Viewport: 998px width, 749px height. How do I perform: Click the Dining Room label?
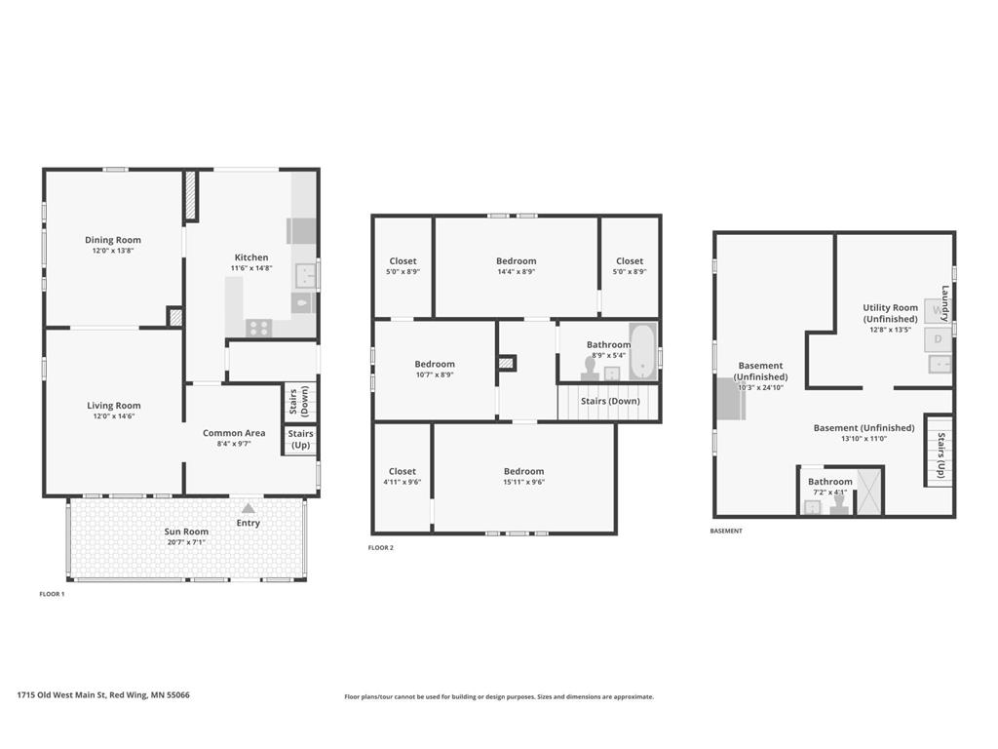click(x=113, y=240)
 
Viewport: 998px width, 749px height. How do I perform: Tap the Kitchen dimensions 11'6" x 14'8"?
click(x=251, y=268)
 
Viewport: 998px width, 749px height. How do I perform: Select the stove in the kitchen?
click(x=259, y=328)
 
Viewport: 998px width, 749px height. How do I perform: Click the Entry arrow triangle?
click(x=249, y=508)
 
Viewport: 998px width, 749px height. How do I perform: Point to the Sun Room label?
click(x=186, y=532)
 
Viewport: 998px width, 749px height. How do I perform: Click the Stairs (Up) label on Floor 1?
click(x=300, y=440)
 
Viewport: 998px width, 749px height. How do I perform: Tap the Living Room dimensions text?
click(x=114, y=416)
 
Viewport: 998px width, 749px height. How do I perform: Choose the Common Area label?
click(x=234, y=433)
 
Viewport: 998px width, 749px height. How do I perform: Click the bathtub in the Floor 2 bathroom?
click(x=642, y=351)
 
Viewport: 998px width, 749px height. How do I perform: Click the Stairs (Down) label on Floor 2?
click(x=610, y=401)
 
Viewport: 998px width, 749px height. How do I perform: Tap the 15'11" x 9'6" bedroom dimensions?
click(x=523, y=482)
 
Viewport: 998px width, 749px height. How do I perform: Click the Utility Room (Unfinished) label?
click(x=890, y=313)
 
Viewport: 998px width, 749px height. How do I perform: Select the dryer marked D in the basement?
click(x=938, y=339)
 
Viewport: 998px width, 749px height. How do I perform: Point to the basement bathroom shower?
click(x=869, y=492)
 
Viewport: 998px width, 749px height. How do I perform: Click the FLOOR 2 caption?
click(x=381, y=548)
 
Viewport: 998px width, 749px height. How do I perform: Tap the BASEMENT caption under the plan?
click(x=725, y=531)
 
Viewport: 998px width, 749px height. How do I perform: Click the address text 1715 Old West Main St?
click(x=61, y=694)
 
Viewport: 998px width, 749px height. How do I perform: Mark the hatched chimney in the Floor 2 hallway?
click(x=507, y=363)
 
